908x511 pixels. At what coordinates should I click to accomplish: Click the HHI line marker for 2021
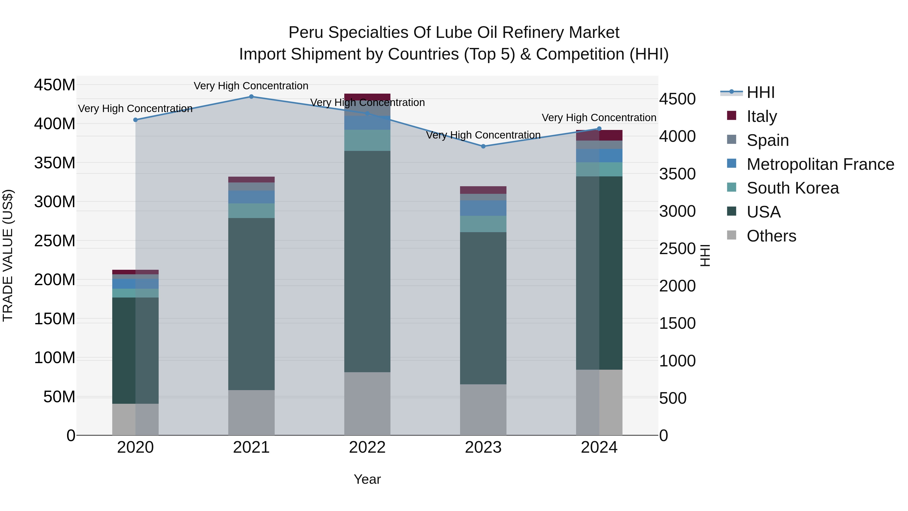pyautogui.click(x=251, y=97)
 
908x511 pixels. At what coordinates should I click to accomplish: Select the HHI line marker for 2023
pyautogui.click(x=483, y=146)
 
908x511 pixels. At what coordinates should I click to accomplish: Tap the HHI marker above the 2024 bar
pyautogui.click(x=599, y=129)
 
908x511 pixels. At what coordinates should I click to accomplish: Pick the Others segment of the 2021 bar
pyautogui.click(x=251, y=412)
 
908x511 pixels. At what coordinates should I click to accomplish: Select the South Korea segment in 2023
pyautogui.click(x=483, y=224)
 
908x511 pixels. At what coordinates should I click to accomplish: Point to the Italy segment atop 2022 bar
pyautogui.click(x=367, y=97)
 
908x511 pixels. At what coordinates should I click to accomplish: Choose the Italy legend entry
pyautogui.click(x=761, y=116)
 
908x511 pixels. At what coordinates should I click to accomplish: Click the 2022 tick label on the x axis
pyautogui.click(x=367, y=447)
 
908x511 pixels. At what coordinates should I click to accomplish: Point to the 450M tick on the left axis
pyautogui.click(x=55, y=85)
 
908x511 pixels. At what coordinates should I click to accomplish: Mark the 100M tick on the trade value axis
pyautogui.click(x=55, y=358)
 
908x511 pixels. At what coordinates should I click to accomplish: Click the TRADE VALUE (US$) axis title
pyautogui.click(x=8, y=255)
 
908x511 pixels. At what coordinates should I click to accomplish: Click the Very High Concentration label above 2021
pyautogui.click(x=251, y=86)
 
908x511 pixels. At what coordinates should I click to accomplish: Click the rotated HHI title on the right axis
pyautogui.click(x=705, y=255)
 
